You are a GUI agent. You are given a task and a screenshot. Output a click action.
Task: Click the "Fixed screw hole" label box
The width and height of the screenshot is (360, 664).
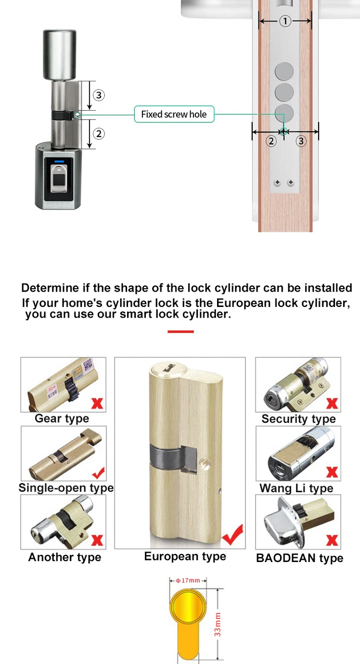click(x=174, y=114)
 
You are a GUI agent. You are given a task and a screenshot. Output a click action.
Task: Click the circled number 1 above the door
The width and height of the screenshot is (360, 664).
click(x=285, y=21)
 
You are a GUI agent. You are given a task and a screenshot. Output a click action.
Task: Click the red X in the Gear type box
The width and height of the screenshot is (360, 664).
click(x=97, y=403)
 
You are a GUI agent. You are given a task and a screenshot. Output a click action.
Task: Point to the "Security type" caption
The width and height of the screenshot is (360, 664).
click(x=298, y=419)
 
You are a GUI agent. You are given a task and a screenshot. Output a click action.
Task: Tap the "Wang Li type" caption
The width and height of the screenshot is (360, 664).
click(x=296, y=488)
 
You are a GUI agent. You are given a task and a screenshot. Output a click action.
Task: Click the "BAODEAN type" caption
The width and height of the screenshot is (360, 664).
click(x=299, y=558)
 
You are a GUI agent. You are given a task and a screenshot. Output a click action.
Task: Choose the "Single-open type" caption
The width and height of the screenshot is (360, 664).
click(x=66, y=488)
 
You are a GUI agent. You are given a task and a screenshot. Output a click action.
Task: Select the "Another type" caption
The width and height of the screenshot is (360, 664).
click(x=64, y=557)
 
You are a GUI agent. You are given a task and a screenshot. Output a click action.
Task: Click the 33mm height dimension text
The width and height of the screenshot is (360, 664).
click(x=218, y=624)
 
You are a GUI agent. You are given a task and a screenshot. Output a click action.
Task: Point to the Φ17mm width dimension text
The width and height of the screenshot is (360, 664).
click(x=188, y=580)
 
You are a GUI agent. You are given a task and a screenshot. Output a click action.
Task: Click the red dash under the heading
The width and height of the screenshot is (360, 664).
click(x=180, y=332)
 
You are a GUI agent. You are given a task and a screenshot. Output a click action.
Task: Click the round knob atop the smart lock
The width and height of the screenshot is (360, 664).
click(x=60, y=55)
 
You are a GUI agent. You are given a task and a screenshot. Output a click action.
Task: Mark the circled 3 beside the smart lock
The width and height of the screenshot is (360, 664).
click(x=99, y=95)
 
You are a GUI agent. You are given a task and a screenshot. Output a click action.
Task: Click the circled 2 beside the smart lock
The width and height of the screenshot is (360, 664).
click(x=99, y=134)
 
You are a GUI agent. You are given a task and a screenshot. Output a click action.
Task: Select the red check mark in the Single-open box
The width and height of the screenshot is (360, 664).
click(x=99, y=473)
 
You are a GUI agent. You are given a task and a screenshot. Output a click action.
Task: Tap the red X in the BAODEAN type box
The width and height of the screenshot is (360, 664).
click(x=332, y=540)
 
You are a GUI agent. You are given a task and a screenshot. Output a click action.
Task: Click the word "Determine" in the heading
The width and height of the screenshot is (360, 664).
click(x=51, y=288)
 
